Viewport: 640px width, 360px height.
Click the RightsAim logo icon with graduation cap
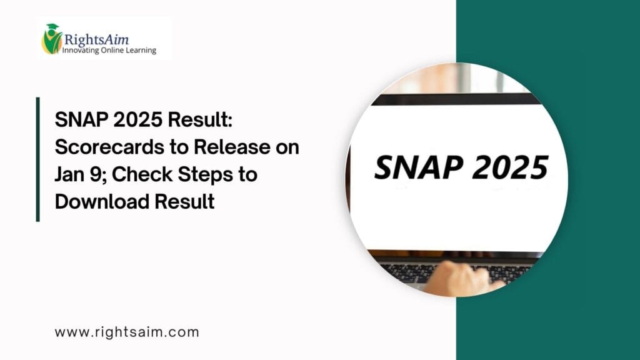pos(52,39)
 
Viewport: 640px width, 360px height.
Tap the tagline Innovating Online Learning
pos(109,50)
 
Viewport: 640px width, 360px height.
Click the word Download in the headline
pos(105,201)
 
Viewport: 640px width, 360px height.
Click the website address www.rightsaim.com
pos(127,332)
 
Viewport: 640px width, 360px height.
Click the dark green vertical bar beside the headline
pos(38,159)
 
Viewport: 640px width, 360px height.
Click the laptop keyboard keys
pos(406,271)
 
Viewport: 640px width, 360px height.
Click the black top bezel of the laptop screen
pos(456,98)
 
